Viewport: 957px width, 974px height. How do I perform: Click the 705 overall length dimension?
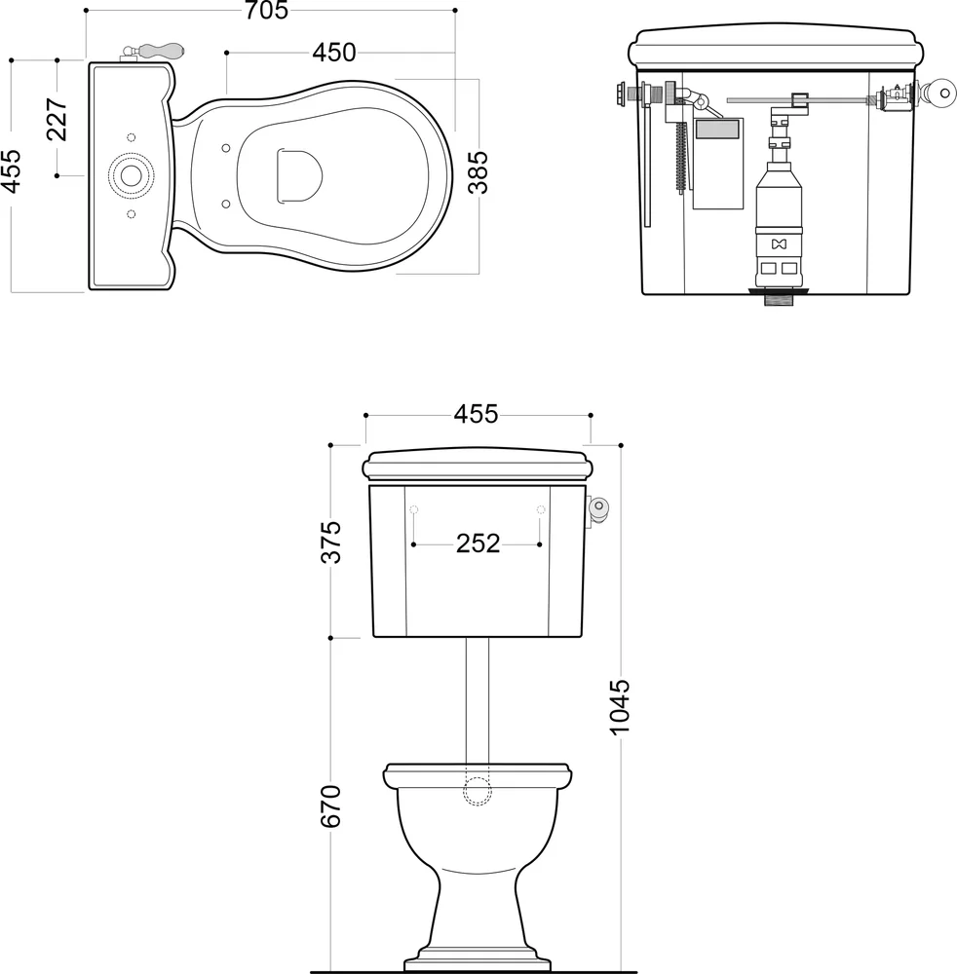[266, 10]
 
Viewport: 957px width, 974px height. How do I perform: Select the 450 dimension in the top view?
[333, 53]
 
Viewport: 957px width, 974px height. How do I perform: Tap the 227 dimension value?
[57, 119]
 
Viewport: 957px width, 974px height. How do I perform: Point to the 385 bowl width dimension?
[478, 172]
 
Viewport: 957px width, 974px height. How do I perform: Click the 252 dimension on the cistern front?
[478, 544]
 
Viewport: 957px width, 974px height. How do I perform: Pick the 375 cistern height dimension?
[331, 542]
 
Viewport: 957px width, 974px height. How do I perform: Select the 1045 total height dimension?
[620, 707]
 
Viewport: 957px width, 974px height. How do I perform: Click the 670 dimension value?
[331, 806]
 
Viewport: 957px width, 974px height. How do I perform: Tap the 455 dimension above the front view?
[476, 414]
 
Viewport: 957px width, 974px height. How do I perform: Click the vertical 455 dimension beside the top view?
[11, 170]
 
